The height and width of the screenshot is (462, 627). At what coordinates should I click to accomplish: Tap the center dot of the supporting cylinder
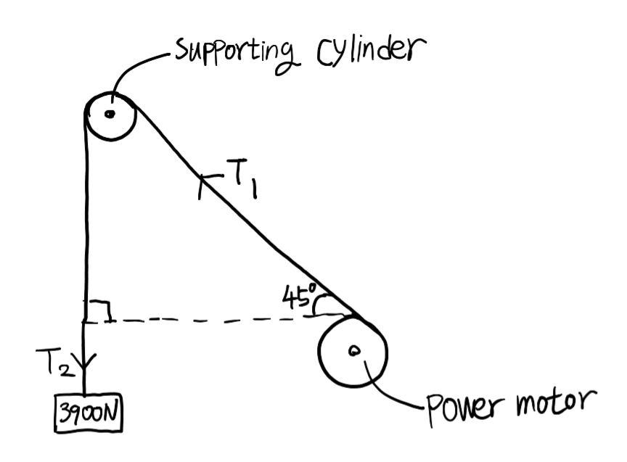click(x=110, y=114)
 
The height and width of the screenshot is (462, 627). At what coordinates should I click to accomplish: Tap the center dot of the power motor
click(x=353, y=351)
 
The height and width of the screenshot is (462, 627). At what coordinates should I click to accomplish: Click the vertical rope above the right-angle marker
click(x=86, y=218)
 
